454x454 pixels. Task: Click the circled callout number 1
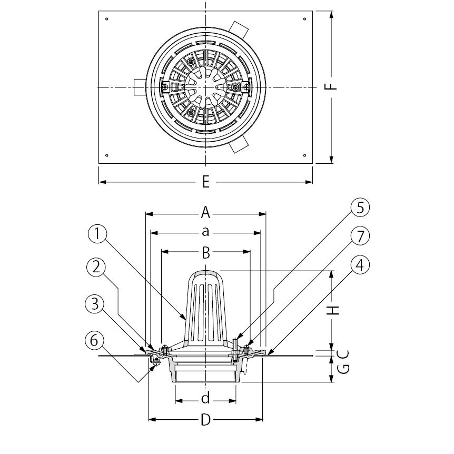point(97,234)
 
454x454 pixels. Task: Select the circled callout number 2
point(96,267)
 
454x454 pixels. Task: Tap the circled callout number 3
point(95,304)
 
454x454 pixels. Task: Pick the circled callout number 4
point(360,265)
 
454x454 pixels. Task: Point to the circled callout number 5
point(360,208)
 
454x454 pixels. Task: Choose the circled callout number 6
point(94,340)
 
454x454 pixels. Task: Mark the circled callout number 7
point(360,236)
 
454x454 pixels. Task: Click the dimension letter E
point(205,182)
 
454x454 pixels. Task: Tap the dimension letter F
point(330,86)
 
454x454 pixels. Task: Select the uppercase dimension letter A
point(205,213)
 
